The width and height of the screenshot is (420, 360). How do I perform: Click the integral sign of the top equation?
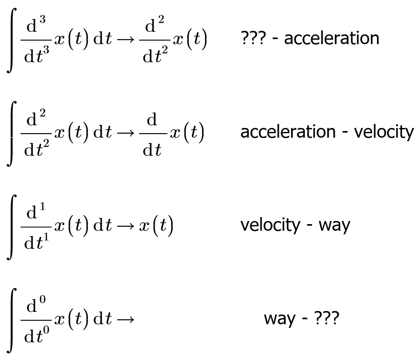tap(11, 40)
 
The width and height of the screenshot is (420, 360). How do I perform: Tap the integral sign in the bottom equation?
tap(11, 320)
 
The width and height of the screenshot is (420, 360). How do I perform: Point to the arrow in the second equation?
tap(125, 133)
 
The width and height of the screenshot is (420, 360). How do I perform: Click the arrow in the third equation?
tap(125, 226)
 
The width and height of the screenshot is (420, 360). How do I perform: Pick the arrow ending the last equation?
tap(125, 319)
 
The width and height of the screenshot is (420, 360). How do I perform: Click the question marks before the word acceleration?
tap(254, 38)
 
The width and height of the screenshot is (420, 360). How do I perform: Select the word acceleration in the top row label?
tap(332, 38)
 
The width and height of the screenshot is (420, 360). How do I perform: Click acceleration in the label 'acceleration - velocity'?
tap(288, 131)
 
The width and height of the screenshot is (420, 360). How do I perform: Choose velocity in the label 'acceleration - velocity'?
tap(384, 132)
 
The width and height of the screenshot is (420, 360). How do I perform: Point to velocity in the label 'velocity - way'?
tap(270, 225)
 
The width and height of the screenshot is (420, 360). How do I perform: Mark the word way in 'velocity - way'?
tap(334, 227)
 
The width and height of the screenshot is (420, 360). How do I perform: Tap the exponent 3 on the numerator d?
tap(42, 19)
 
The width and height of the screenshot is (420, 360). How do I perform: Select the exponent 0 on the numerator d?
tap(42, 300)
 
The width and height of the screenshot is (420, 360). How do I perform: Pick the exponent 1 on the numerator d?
tap(42, 206)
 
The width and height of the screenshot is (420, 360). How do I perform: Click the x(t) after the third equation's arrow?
tap(156, 226)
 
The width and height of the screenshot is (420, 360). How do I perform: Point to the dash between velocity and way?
tap(310, 226)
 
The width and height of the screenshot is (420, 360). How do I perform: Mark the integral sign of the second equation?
tap(11, 134)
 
